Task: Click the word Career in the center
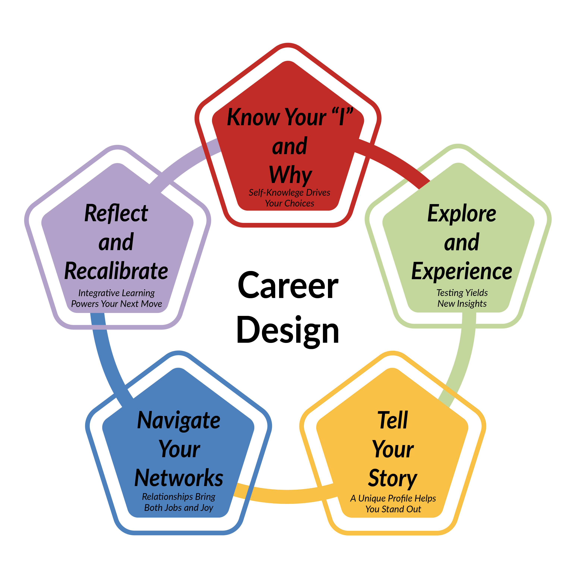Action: pyautogui.click(x=288, y=286)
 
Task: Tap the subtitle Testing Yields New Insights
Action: pyautogui.click(x=462, y=298)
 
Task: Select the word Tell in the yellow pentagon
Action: pyautogui.click(x=393, y=420)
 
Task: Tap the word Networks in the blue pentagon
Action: pyautogui.click(x=179, y=478)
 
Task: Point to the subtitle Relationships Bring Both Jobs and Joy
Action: pyautogui.click(x=179, y=502)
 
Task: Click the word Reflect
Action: pyautogui.click(x=116, y=213)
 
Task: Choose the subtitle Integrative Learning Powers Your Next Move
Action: pyautogui.click(x=117, y=298)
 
